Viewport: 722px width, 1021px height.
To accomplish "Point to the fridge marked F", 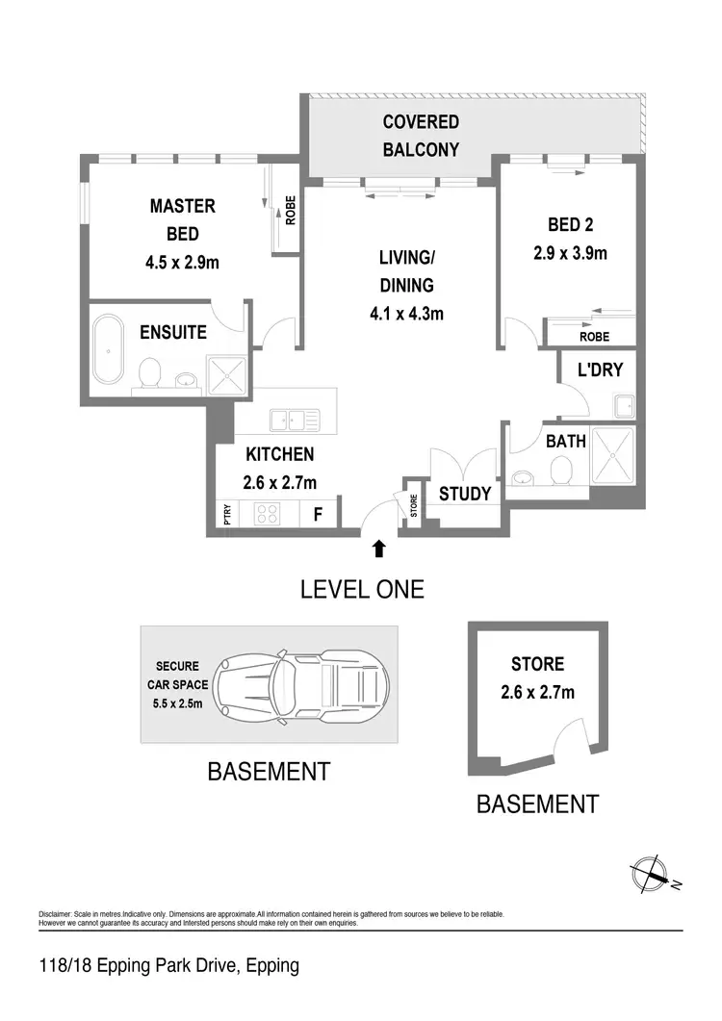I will click(x=317, y=514).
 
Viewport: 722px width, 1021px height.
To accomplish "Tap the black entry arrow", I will click(x=378, y=549).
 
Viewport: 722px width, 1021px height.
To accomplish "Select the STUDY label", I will click(x=465, y=494).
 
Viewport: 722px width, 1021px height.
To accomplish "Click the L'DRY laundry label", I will click(x=600, y=370).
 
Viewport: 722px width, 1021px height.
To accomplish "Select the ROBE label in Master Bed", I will click(x=290, y=211).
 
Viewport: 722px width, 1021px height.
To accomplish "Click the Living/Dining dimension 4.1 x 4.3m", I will click(x=405, y=313).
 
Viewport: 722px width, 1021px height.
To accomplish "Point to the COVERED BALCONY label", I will click(x=421, y=136).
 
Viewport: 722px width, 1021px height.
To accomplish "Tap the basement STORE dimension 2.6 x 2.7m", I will click(x=537, y=691).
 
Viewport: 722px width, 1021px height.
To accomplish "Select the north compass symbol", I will click(x=652, y=876).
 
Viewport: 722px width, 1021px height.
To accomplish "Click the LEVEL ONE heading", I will click(x=362, y=589).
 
